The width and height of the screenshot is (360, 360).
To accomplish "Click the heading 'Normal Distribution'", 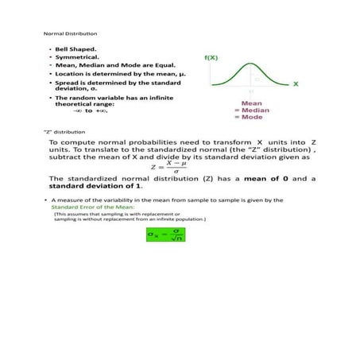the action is (70, 34).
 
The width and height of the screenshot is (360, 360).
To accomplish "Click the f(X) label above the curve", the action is (213, 58).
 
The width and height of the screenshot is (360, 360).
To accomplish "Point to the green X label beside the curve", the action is (295, 83).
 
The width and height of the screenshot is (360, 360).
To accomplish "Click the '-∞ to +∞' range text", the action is (95, 110).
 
